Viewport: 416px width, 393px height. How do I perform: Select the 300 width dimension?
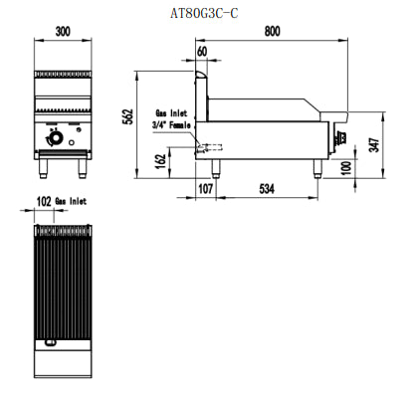click(64, 32)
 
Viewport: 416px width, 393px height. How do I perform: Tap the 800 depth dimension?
click(272, 32)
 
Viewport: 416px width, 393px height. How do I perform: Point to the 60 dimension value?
click(202, 52)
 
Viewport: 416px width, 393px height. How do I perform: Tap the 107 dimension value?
click(206, 188)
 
